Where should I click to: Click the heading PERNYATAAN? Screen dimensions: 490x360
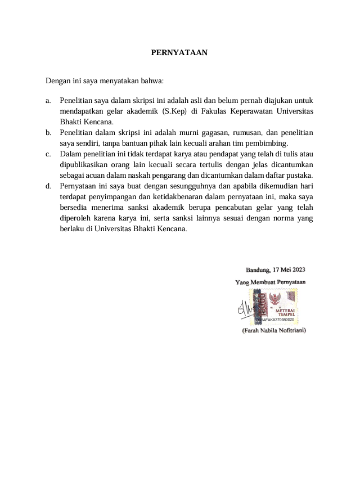pos(179,53)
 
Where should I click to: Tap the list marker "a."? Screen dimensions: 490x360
pos(49,101)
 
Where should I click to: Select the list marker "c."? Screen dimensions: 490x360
pos(49,154)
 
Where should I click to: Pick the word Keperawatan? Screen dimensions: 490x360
pos(253,111)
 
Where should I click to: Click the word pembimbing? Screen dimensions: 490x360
pos(269,143)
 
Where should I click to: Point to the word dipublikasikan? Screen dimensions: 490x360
pos(84,164)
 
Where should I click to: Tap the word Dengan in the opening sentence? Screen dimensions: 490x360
pos(57,80)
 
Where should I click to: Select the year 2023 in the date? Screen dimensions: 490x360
pos(296,270)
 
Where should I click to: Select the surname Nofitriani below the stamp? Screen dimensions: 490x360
pos(287,331)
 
